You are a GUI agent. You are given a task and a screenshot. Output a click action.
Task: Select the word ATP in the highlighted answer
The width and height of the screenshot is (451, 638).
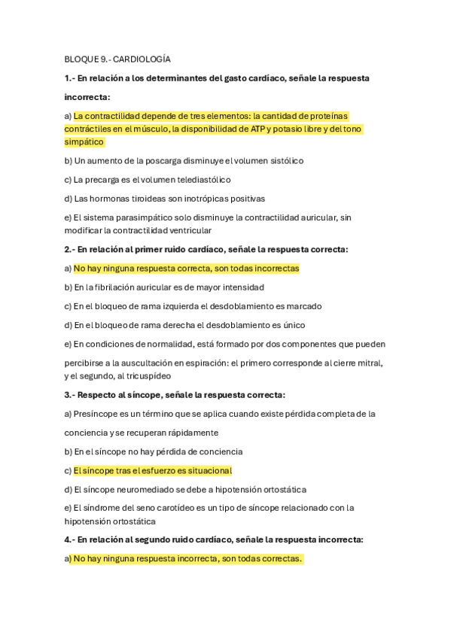[256, 129]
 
